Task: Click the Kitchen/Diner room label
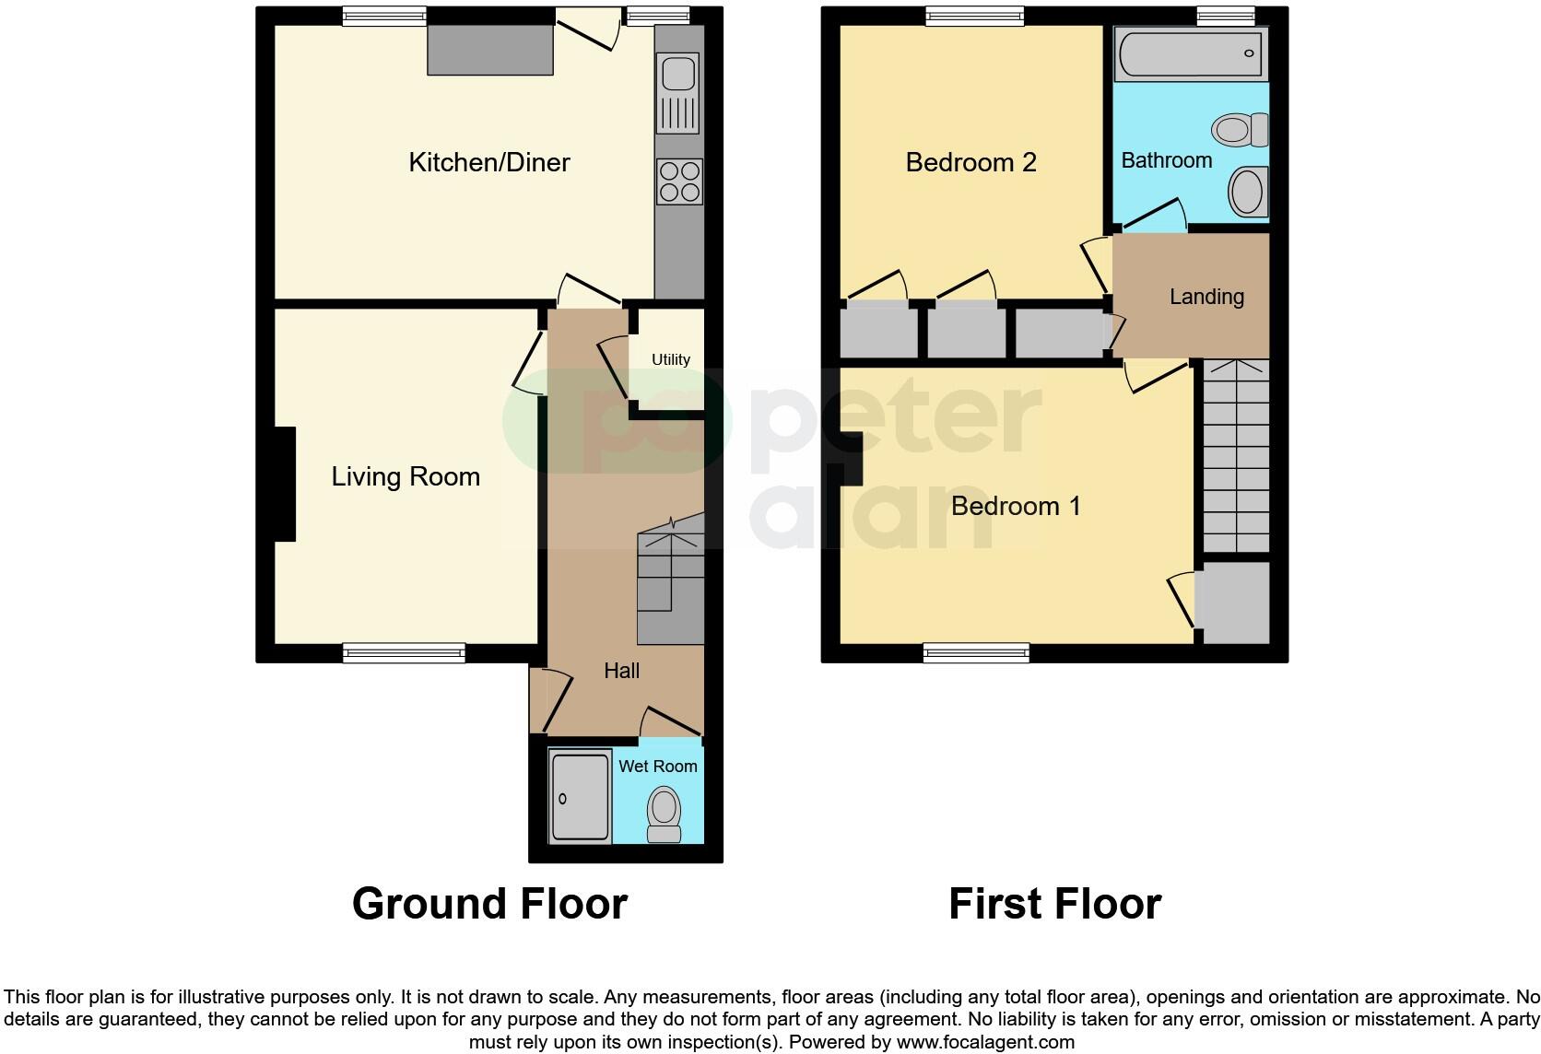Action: [x=489, y=163]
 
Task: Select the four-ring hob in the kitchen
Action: [x=679, y=182]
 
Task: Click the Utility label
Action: [x=670, y=360]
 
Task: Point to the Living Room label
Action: [x=406, y=477]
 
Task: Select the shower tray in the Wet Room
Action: [x=580, y=797]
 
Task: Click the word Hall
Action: [x=621, y=672]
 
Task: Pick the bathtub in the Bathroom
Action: [x=1191, y=54]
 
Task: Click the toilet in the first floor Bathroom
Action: [x=1241, y=130]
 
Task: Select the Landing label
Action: [x=1206, y=297]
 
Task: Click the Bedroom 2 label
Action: [x=970, y=163]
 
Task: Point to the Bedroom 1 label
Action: [x=1016, y=507]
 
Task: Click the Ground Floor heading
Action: [x=489, y=904]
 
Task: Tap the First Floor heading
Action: [x=1054, y=904]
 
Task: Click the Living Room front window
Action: [x=404, y=653]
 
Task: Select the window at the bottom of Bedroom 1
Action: [x=976, y=653]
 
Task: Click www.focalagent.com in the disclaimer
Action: [x=984, y=1043]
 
